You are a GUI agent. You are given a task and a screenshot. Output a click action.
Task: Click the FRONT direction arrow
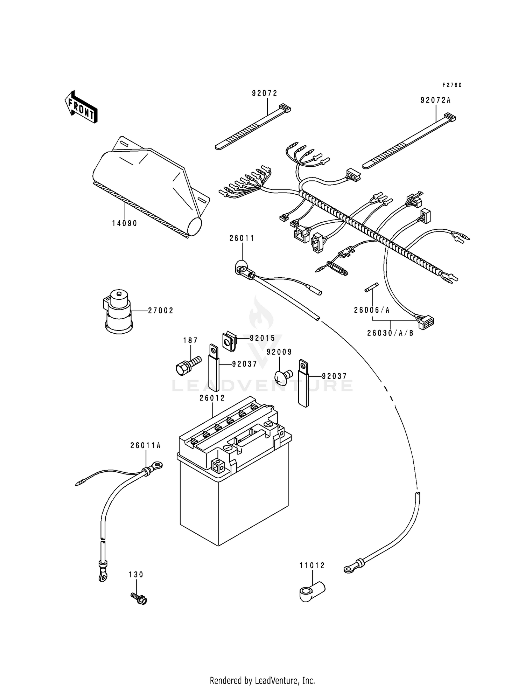[81, 107]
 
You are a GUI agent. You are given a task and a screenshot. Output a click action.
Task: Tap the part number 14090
[124, 223]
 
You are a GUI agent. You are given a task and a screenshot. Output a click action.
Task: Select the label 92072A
[435, 100]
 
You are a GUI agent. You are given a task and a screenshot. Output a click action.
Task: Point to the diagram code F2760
[452, 85]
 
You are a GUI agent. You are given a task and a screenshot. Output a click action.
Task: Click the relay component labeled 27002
[119, 312]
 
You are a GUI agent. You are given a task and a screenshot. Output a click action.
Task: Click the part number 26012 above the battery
[212, 398]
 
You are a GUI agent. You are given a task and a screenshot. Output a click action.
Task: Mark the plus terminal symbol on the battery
[268, 424]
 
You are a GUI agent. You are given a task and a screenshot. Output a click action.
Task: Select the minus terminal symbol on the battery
[227, 448]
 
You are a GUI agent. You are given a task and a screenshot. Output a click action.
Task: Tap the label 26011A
[145, 445]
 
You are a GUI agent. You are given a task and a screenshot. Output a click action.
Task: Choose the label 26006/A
[372, 310]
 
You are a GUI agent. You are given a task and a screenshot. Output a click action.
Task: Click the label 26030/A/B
[390, 333]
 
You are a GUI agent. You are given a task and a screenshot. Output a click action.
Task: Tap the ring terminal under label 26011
[241, 269]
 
